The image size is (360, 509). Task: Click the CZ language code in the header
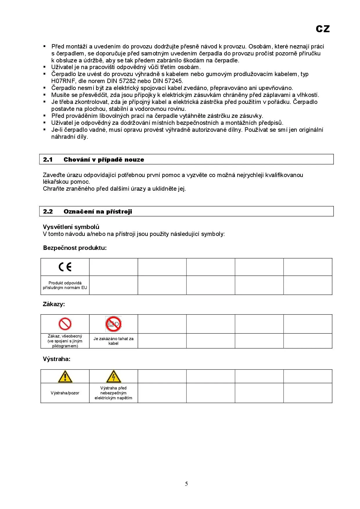(x=323, y=29)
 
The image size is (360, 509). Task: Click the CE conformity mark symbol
(x=65, y=267)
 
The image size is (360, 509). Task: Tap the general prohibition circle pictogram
(x=65, y=324)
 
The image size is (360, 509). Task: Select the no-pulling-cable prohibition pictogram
(x=113, y=324)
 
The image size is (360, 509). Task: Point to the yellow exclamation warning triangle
(x=65, y=376)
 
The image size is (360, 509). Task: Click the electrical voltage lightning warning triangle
(x=114, y=376)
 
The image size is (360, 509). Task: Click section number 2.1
(x=48, y=160)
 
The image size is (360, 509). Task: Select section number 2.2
(x=48, y=212)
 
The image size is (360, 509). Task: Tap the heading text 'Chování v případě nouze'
(x=104, y=160)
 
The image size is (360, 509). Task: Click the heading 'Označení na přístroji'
(x=98, y=212)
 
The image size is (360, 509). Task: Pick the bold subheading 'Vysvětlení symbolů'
(x=71, y=227)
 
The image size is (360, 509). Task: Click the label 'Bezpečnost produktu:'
(x=75, y=248)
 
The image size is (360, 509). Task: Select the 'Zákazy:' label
(x=54, y=304)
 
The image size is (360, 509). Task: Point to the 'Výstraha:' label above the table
(x=57, y=359)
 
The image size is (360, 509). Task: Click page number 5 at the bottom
(x=186, y=484)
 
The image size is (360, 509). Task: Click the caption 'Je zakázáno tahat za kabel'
(x=114, y=341)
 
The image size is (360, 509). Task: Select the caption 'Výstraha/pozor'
(x=65, y=393)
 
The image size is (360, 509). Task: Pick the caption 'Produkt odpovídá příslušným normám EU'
(x=65, y=285)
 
